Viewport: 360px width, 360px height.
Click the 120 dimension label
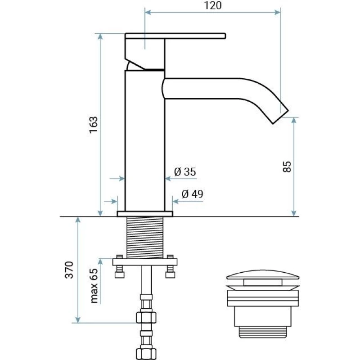(x=213, y=5)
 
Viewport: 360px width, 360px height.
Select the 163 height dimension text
(x=94, y=125)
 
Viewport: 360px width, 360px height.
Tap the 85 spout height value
(x=287, y=166)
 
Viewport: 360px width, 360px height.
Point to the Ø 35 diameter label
(x=185, y=172)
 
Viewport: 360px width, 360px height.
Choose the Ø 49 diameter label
(x=192, y=194)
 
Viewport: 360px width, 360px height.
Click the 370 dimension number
(x=69, y=270)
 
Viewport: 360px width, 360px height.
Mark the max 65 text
(x=94, y=286)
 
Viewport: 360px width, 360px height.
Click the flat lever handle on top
(x=175, y=36)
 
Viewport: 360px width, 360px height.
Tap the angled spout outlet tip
(x=280, y=117)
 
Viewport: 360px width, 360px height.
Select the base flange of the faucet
(x=145, y=214)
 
